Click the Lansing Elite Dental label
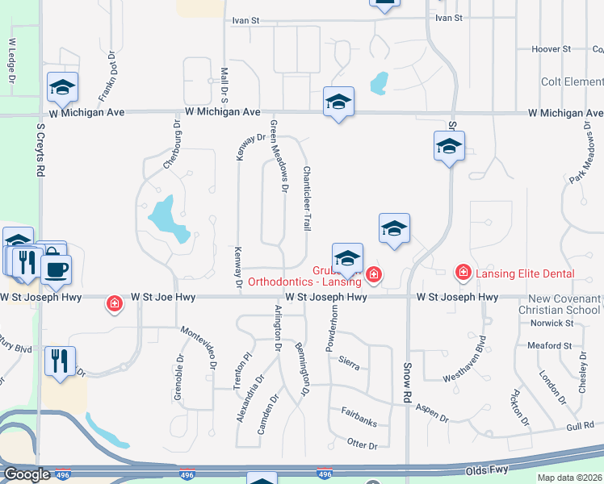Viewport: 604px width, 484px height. (525, 274)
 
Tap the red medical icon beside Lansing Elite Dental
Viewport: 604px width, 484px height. (463, 273)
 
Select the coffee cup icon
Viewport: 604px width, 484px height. (55, 270)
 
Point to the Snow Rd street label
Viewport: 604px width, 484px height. (408, 383)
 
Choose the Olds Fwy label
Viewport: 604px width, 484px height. (487, 469)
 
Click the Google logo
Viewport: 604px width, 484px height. (26, 474)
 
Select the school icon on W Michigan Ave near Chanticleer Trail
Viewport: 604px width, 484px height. (338, 102)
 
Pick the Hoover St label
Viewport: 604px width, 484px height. (552, 49)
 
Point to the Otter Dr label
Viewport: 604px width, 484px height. (362, 444)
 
